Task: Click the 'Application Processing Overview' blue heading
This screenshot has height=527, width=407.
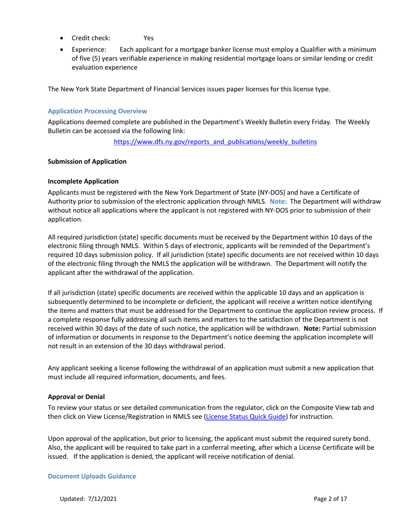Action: point(97,111)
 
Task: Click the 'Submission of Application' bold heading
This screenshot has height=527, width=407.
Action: point(87,162)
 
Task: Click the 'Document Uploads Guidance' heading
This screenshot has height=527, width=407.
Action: point(92,476)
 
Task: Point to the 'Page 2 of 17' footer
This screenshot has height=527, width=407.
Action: point(330,499)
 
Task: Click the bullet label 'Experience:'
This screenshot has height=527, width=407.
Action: point(89,50)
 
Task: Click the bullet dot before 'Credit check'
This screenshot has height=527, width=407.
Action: point(63,38)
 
